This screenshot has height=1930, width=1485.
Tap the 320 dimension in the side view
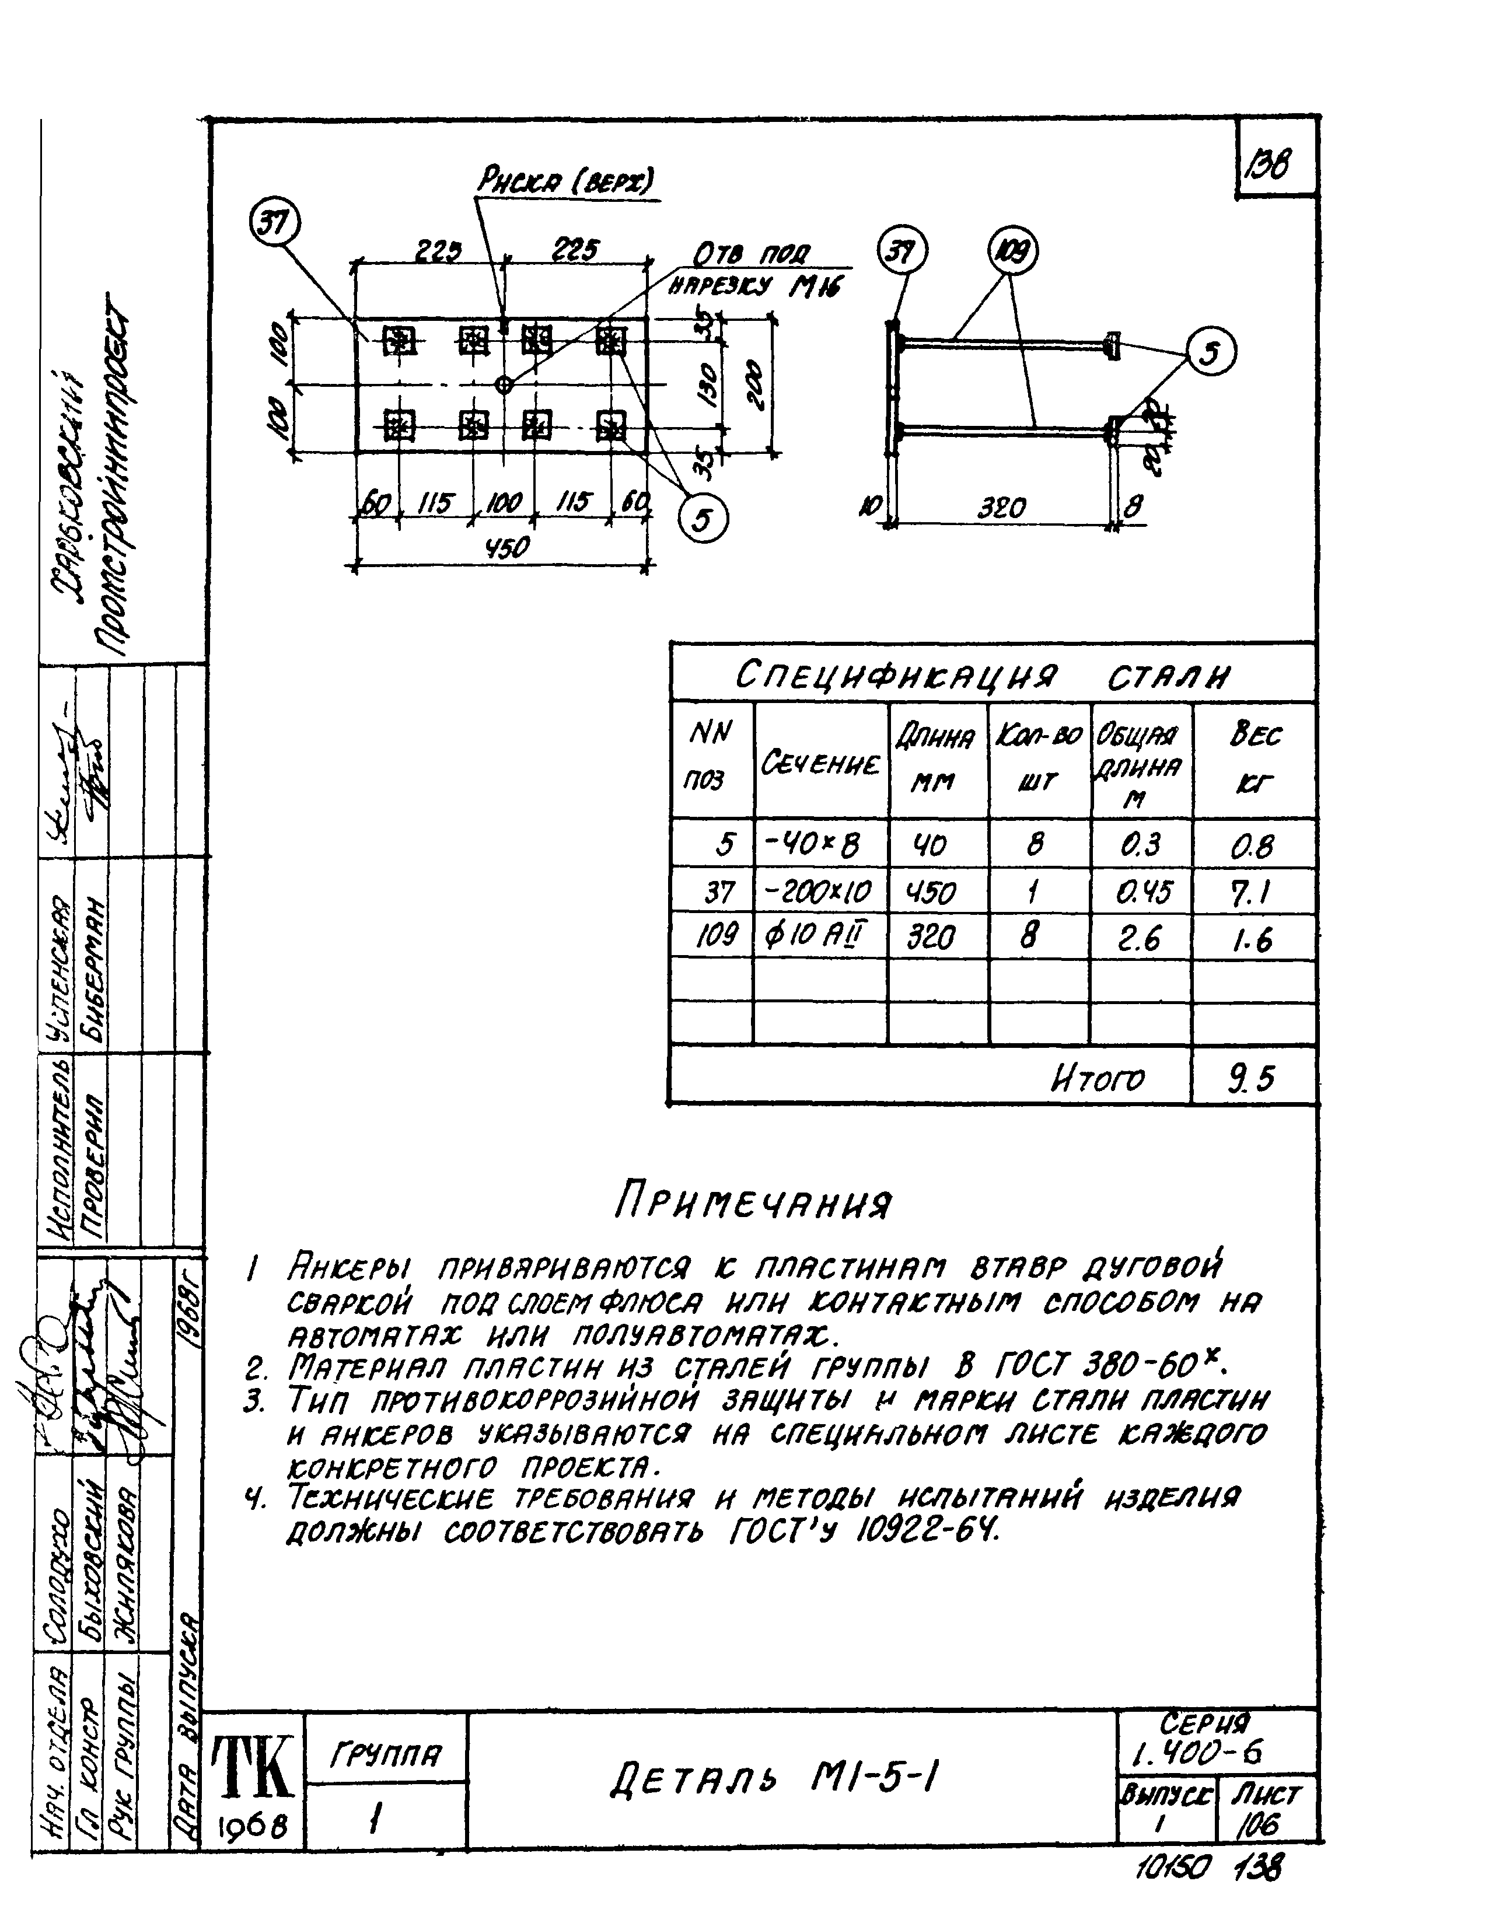click(x=1001, y=509)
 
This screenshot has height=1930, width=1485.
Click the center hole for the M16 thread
click(x=504, y=384)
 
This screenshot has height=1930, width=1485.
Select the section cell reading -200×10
click(x=819, y=893)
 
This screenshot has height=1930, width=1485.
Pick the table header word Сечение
click(x=820, y=764)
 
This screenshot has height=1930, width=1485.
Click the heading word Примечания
click(x=753, y=1204)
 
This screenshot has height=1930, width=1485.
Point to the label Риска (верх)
click(x=566, y=183)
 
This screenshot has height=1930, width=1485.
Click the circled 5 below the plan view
click(x=703, y=520)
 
